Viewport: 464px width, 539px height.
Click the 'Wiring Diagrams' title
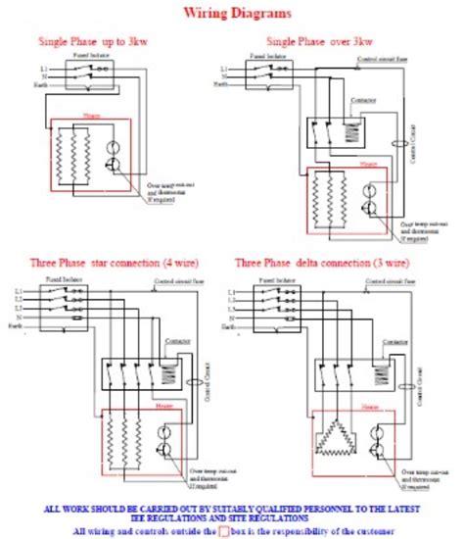[x=232, y=15]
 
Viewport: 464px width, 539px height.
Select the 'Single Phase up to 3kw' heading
[x=93, y=41]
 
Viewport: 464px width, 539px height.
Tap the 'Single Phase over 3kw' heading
[x=319, y=41]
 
